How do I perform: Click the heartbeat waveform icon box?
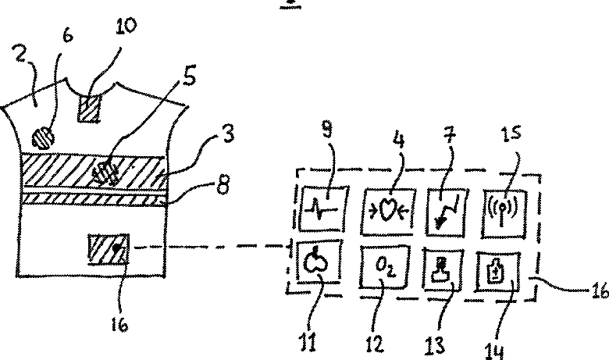324,209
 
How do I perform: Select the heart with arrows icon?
387,212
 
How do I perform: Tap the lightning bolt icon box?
447,212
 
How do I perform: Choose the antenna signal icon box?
504,213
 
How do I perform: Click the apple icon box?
319,260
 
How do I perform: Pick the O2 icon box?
384,267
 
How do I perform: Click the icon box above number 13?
443,269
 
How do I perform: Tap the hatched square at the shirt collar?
90,109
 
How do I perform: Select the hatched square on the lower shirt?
109,249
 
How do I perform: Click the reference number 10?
126,27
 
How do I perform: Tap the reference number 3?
227,134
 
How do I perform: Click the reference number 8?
223,184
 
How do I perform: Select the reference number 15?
511,134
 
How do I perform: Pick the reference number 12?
375,344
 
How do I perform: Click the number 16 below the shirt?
119,325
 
